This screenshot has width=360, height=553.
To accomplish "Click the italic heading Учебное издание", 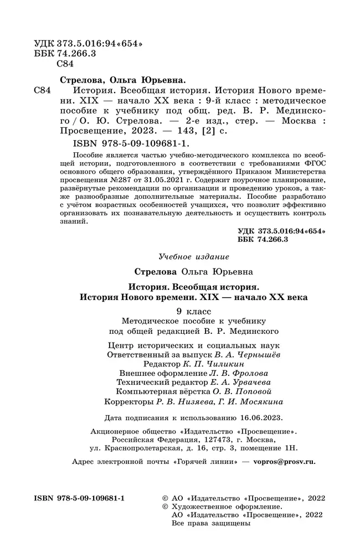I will pyautogui.click(x=193, y=257).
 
